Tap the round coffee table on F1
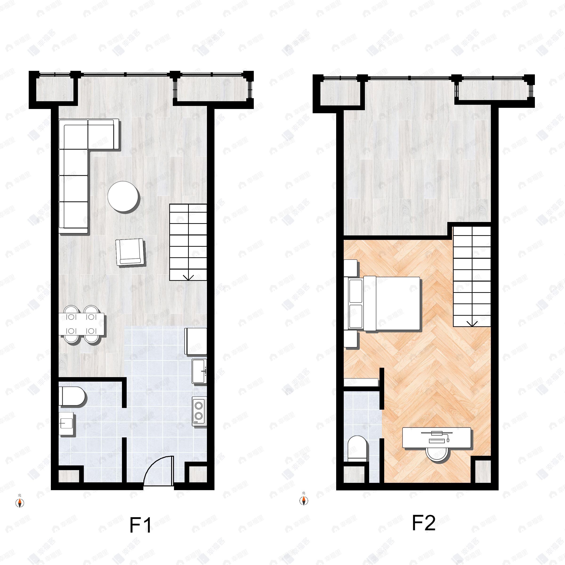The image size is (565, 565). pyautogui.click(x=123, y=197)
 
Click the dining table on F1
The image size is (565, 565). pyautogui.click(x=81, y=324)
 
